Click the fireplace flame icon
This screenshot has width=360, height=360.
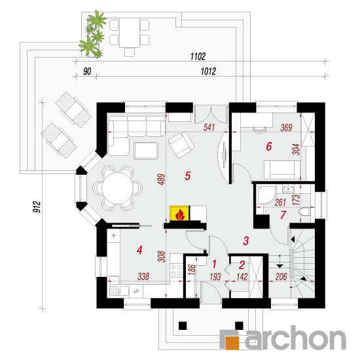pos(180,214)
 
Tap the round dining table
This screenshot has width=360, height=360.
pos(118,189)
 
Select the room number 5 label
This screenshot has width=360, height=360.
pos(188,176)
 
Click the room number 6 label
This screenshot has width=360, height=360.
pos(269,147)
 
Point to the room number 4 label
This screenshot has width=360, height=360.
pos(139,250)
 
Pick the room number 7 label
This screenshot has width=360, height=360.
pos(283,215)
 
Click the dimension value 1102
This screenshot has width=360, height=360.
pos(198,56)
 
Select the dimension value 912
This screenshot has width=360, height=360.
pos(37,207)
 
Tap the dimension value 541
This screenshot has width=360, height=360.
pos(209,128)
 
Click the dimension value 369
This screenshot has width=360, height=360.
pos(286,128)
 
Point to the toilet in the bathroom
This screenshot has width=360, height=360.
pos(304,211)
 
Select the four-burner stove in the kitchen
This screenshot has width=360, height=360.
pos(176,270)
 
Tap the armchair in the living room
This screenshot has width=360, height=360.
pos(181,145)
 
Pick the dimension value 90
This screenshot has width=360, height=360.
pos(87,71)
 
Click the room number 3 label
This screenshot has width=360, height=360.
pos(246,241)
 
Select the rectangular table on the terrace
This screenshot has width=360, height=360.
pos(130,33)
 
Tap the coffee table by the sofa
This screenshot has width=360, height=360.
pos(146,151)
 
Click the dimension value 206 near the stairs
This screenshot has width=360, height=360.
pos(281,277)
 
